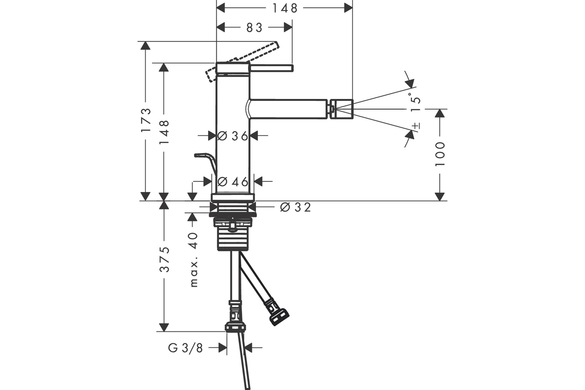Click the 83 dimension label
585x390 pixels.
click(254, 27)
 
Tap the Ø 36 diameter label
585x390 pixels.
click(233, 136)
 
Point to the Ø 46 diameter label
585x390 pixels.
click(233, 181)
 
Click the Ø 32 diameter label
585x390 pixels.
click(295, 207)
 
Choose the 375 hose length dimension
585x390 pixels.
click(164, 259)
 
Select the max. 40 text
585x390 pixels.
click(193, 260)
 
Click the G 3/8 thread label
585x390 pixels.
click(185, 348)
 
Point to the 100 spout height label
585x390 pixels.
click(440, 154)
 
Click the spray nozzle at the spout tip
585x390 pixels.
click(341, 109)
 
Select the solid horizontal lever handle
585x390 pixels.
click(272, 68)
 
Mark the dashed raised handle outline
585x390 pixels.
click(242, 61)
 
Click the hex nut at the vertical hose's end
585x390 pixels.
click(235, 327)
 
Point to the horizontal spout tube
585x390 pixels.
click(287, 109)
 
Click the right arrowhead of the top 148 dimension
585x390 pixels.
click(349, 8)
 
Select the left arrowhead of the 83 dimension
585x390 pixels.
click(221, 27)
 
